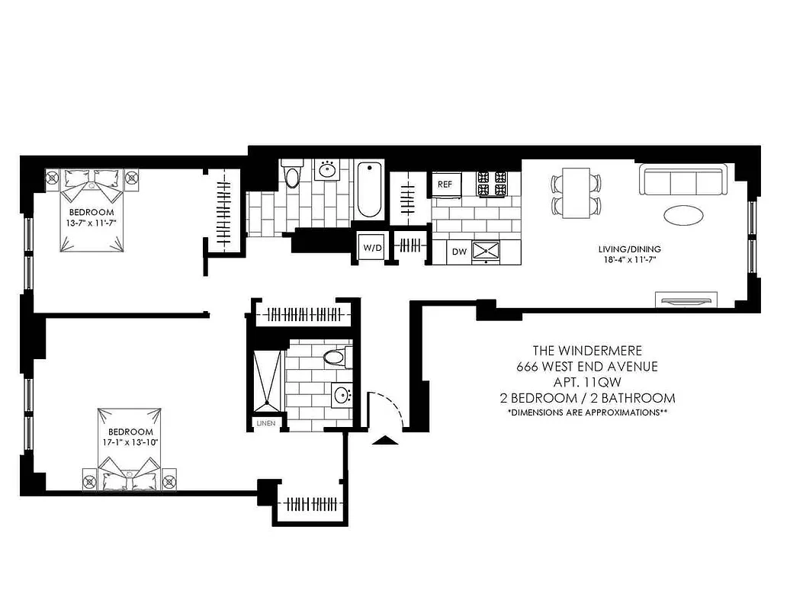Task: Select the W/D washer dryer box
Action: coord(372,248)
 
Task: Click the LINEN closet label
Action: coord(266,422)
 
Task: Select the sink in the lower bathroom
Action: coord(342,396)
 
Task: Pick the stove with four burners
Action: coord(492,184)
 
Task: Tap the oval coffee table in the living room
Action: coord(684,215)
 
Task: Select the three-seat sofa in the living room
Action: coord(682,181)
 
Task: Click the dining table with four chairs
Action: coord(576,193)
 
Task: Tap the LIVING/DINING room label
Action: coord(629,249)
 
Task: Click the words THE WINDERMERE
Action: coord(587,351)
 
